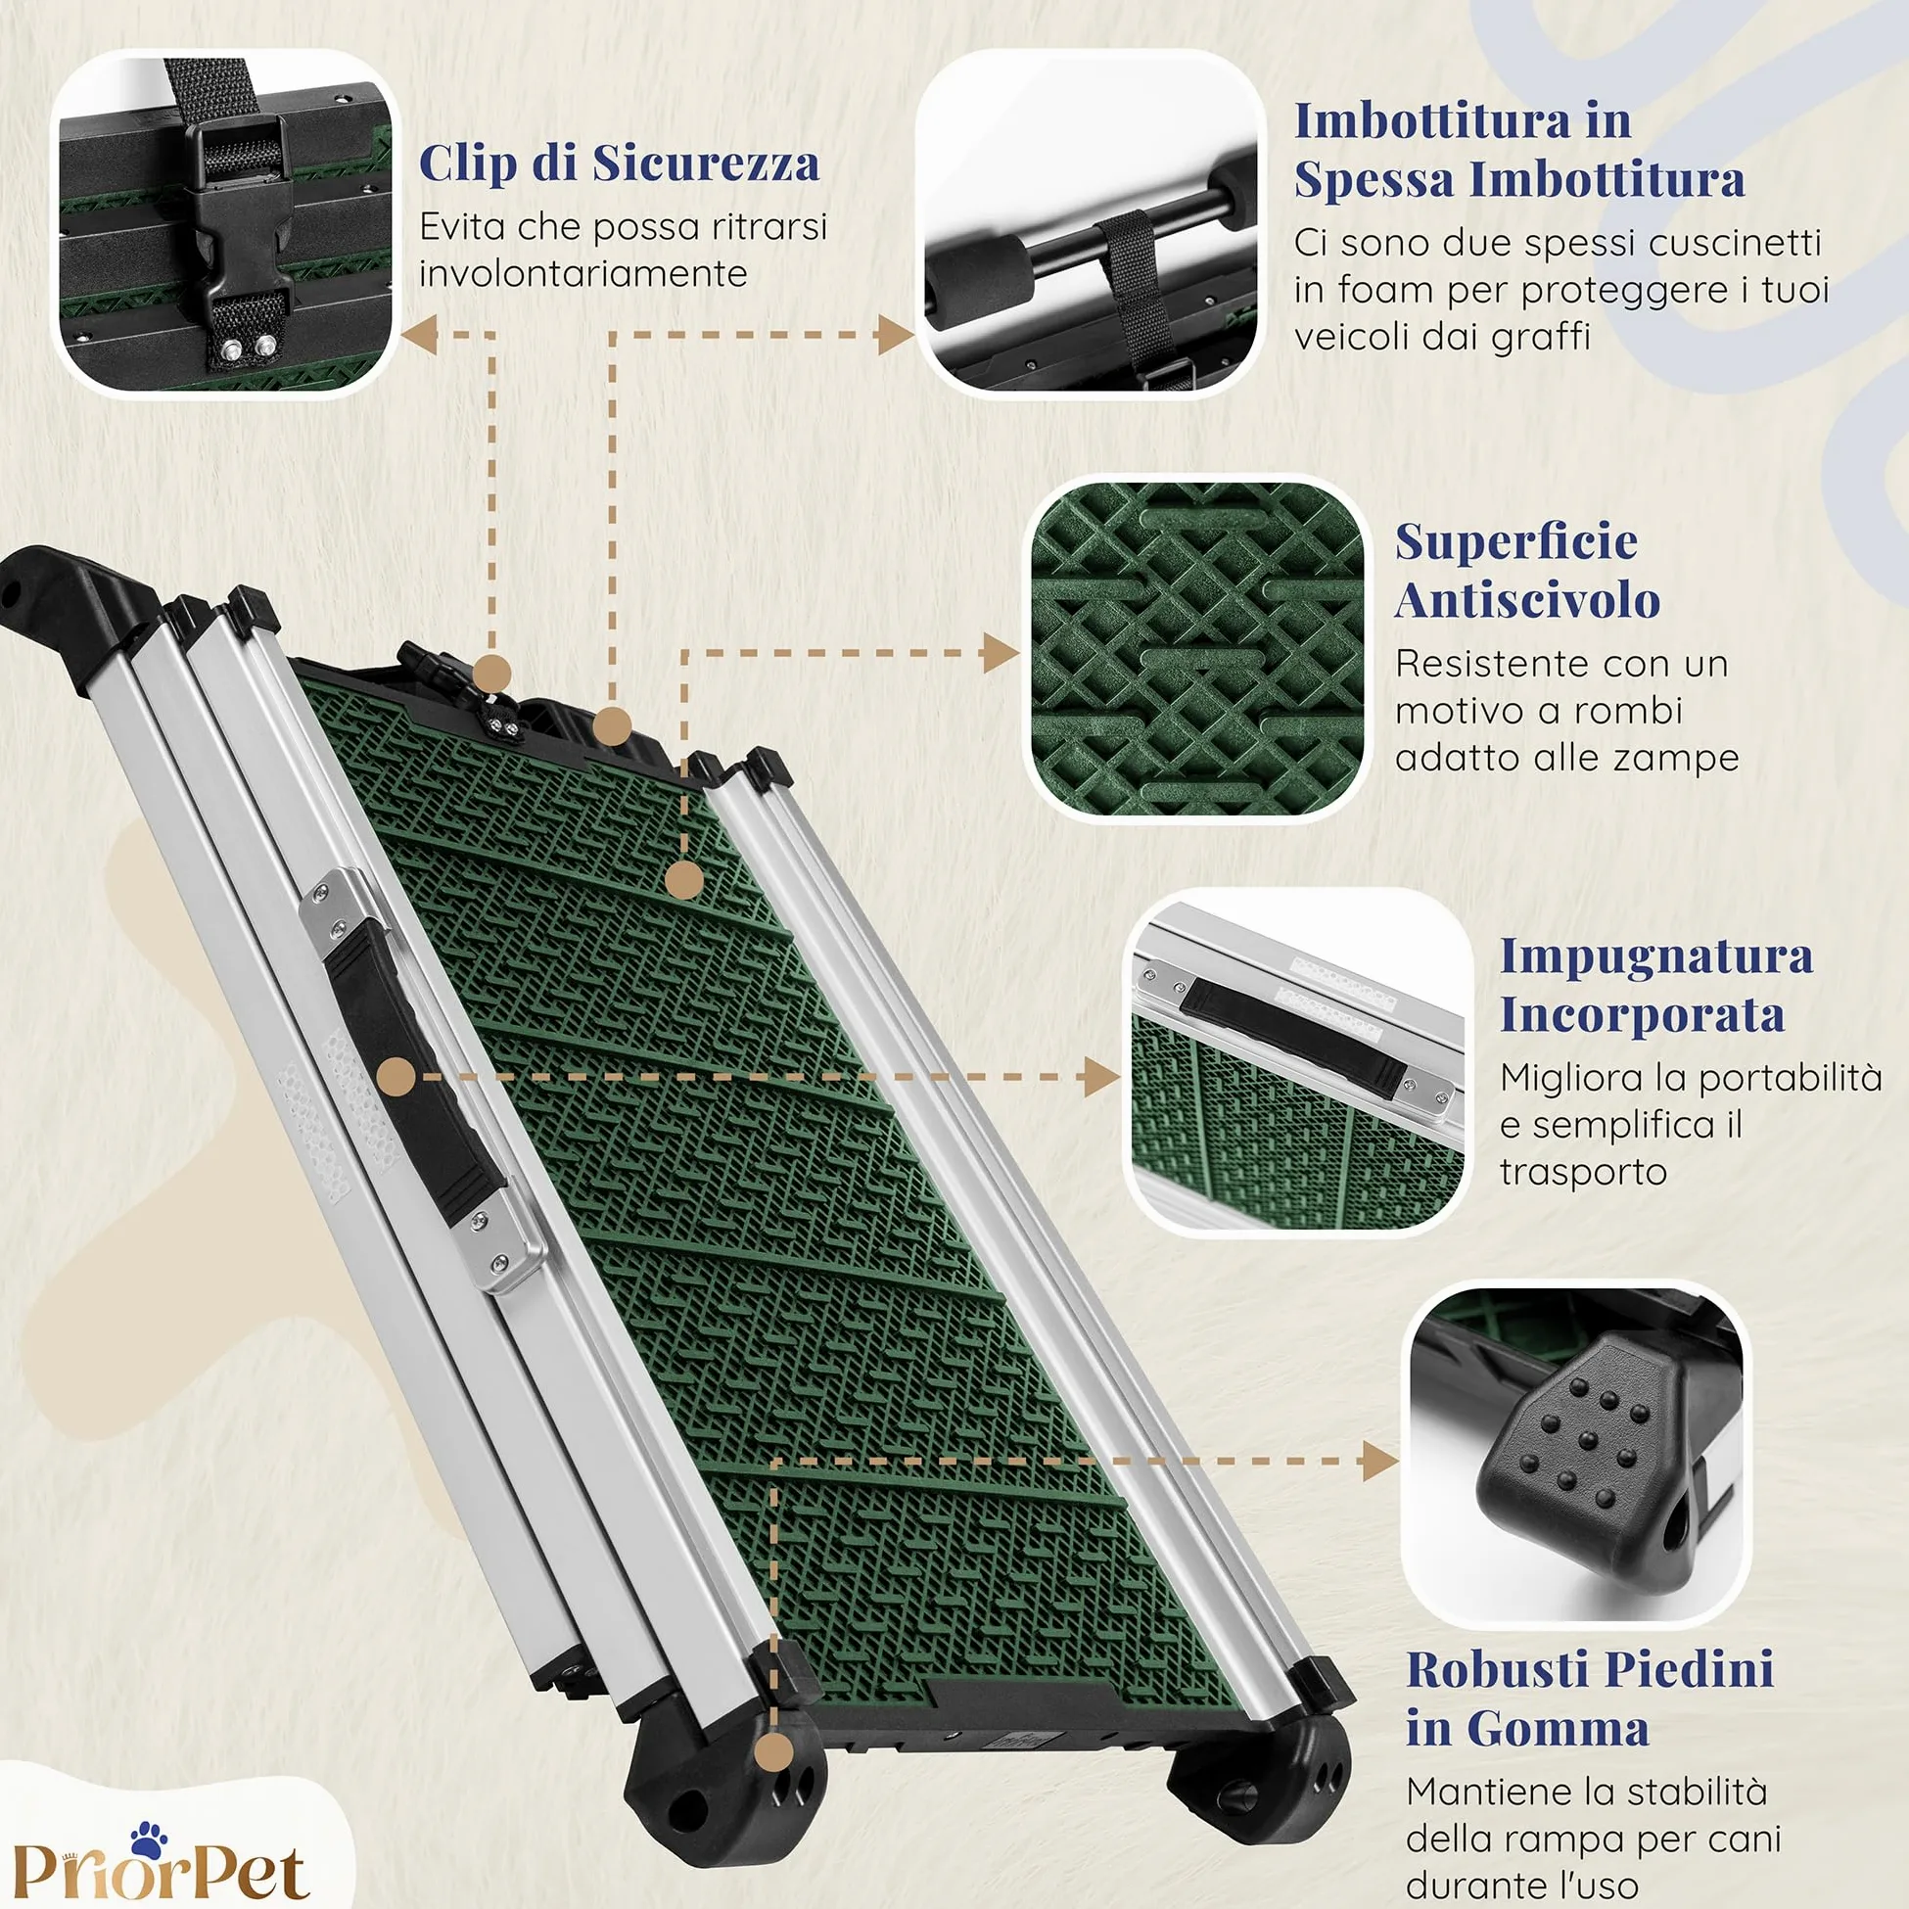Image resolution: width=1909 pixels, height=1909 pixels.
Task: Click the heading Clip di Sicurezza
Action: point(620,163)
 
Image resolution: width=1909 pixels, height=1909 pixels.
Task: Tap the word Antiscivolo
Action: point(1526,601)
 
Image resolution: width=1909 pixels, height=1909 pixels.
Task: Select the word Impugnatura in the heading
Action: point(1656,957)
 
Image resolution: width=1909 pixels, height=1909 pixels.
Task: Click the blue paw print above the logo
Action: point(148,1838)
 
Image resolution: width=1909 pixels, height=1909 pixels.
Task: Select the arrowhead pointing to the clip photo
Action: point(419,335)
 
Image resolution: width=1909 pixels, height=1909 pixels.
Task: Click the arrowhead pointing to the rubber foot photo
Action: point(1380,1461)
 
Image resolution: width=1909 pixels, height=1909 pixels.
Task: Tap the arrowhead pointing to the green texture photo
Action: point(1001,653)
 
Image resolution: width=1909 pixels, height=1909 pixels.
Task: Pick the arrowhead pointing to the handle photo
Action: point(1101,1076)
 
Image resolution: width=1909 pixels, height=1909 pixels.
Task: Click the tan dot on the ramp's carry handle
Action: point(396,1076)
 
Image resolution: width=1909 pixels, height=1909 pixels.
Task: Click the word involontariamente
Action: point(582,274)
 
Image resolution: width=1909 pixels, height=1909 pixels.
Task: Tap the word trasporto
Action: point(1583,1173)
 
